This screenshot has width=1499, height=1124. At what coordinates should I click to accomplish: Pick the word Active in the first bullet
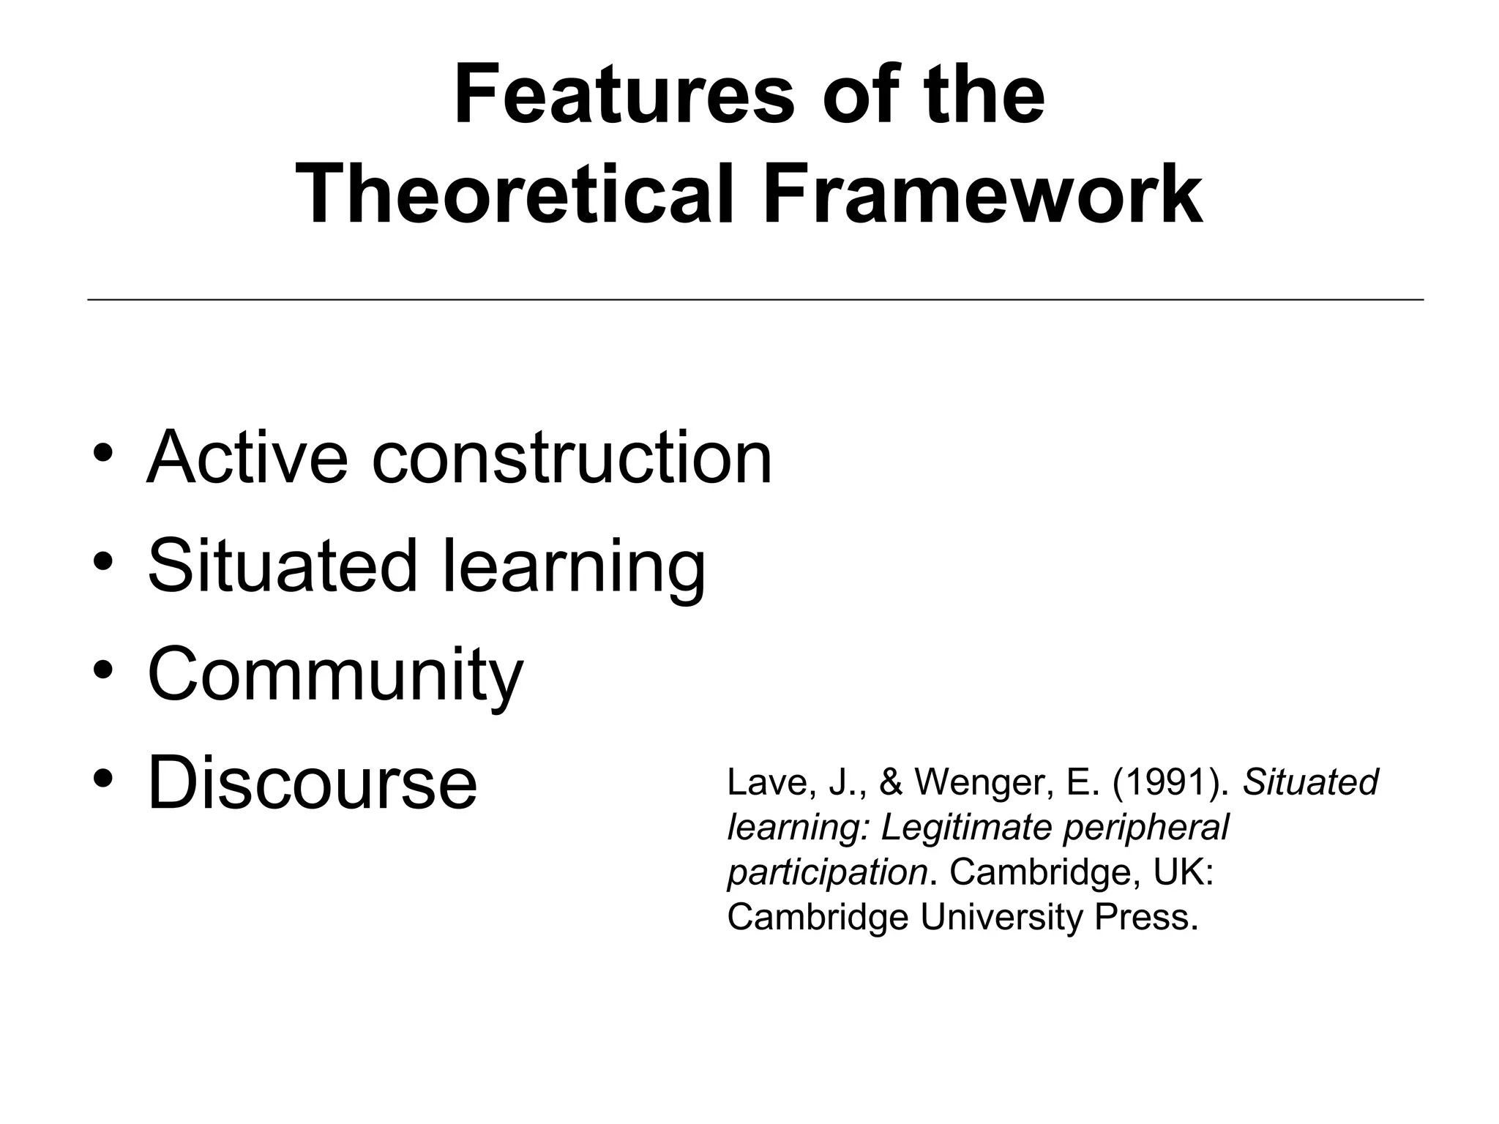click(x=247, y=457)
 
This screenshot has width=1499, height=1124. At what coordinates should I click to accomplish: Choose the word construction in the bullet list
click(x=572, y=458)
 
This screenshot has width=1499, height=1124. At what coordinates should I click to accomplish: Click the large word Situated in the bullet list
click(x=282, y=565)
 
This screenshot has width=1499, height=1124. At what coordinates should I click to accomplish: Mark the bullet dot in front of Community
click(x=103, y=669)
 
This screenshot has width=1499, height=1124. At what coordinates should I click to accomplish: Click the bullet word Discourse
click(x=313, y=783)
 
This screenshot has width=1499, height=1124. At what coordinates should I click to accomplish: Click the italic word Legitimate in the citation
click(x=966, y=828)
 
